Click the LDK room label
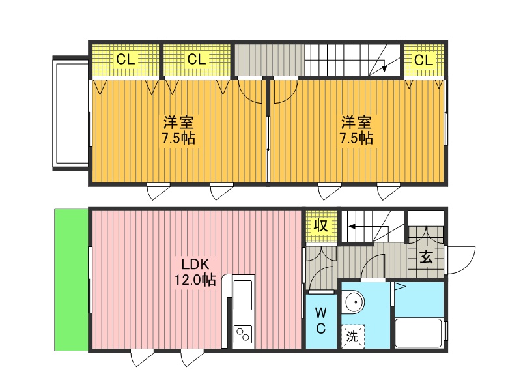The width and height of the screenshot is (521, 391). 195,265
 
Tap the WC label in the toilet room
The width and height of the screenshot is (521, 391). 320,320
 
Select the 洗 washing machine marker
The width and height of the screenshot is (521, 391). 352,336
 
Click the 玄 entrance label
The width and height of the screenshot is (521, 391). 426,257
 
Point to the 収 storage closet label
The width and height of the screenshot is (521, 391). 321,225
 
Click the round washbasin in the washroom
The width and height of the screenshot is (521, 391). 354,302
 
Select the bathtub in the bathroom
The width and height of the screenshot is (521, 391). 419,333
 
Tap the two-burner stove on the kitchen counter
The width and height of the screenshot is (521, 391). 243,334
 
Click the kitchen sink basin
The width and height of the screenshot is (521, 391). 243,295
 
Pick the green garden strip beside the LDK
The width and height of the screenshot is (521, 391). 71,280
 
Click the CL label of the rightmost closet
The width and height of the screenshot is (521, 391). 424,60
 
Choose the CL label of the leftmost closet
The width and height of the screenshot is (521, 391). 125,60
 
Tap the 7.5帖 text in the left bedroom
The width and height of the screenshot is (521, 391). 178,138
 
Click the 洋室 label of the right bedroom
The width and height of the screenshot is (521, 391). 356,123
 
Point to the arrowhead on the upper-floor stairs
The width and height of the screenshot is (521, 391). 384,68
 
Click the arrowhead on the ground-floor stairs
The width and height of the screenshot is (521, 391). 352,227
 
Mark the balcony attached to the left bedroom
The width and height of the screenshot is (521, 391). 71,113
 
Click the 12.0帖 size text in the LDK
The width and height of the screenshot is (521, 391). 195,280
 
